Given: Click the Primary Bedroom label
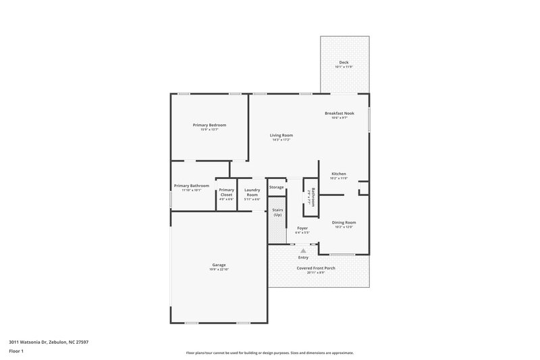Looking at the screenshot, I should tap(209, 125).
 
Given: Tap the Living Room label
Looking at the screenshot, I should tap(281, 135).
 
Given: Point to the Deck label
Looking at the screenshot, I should tap(344, 62).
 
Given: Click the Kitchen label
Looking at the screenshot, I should tap(338, 174).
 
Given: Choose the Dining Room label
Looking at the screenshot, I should tap(344, 222).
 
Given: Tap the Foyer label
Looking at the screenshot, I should tap(302, 228).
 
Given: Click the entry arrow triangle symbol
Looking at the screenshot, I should tap(303, 250).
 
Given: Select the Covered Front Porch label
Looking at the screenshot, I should tap(317, 268).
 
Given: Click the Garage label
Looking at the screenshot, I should tap(219, 265).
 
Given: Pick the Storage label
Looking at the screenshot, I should tap(277, 187).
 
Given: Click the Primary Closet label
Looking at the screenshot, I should tap(226, 192).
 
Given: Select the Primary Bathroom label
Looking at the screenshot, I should tap(192, 186).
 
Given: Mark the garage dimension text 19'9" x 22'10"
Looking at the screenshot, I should tap(219, 269).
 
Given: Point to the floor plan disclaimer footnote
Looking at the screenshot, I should tap(269, 353).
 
